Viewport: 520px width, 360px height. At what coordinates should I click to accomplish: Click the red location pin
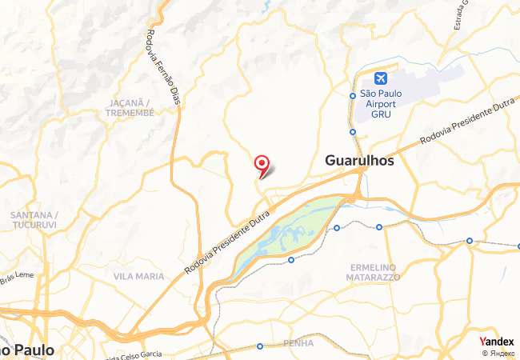point(261,165)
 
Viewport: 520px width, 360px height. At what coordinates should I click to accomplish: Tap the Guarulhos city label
point(359,161)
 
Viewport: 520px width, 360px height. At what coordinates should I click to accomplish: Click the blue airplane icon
point(379,78)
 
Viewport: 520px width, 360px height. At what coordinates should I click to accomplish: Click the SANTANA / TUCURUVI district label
point(32,220)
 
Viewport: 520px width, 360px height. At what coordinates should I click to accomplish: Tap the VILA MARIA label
point(138,276)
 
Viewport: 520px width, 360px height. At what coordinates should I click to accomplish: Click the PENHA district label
point(298,343)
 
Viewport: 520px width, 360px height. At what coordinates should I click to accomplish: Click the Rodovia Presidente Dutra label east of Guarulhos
point(468,130)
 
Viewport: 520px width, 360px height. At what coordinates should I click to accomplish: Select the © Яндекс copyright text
point(497,353)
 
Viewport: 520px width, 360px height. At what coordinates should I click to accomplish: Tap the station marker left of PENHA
point(260,346)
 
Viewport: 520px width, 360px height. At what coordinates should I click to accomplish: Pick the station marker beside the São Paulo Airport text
point(353,94)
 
